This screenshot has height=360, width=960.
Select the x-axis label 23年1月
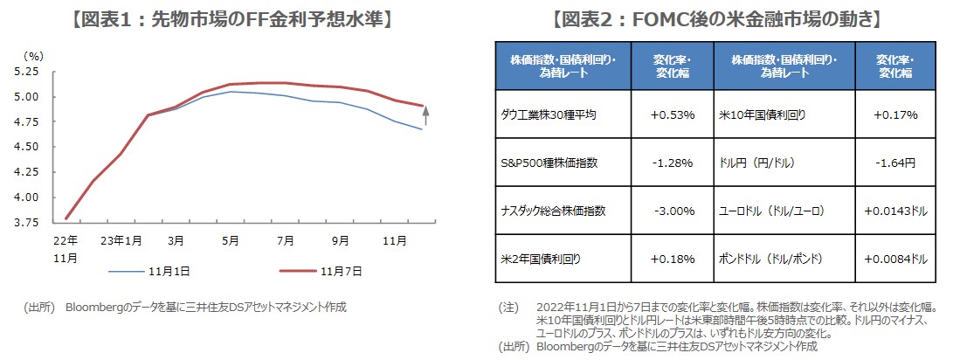click(122, 239)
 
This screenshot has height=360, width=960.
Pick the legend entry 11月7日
click(338, 271)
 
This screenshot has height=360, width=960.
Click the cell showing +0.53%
click(673, 114)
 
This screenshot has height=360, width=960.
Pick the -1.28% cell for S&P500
click(673, 163)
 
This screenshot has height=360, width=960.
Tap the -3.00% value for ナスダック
click(673, 211)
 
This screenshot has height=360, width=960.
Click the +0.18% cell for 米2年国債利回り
click(673, 260)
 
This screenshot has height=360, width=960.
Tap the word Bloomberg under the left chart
click(97, 307)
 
